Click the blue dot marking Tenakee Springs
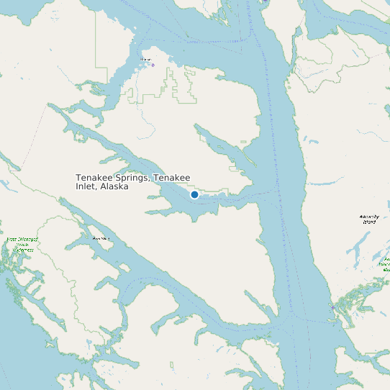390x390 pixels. (x=194, y=195)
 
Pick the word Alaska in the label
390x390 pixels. (x=114, y=186)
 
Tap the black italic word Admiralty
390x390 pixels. (x=368, y=217)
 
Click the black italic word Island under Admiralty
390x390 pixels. (x=368, y=222)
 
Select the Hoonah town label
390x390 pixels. (x=146, y=59)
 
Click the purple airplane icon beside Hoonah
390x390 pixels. (x=153, y=65)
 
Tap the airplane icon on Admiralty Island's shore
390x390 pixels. (x=332, y=307)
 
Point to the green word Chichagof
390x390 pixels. (x=24, y=240)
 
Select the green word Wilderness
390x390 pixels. (x=22, y=250)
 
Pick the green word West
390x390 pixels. (x=11, y=240)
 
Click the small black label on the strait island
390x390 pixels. (x=101, y=237)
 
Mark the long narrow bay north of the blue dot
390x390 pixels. (x=223, y=144)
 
